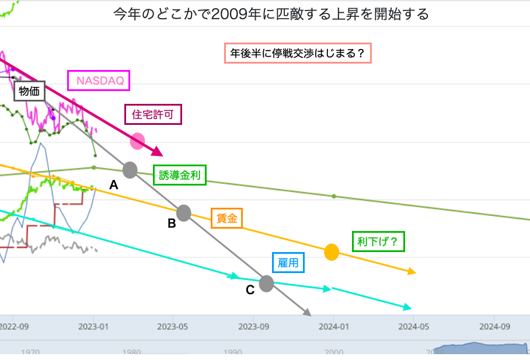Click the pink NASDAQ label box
98,81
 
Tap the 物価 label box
30,90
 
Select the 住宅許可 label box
154,114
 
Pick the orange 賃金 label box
226,218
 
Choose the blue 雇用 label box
289,263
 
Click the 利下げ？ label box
378,241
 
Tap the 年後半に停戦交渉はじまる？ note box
298,54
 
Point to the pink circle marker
137,141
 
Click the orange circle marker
332,252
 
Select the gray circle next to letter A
130,170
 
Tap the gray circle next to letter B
183,213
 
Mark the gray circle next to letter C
266,284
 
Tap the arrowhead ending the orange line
412,272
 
